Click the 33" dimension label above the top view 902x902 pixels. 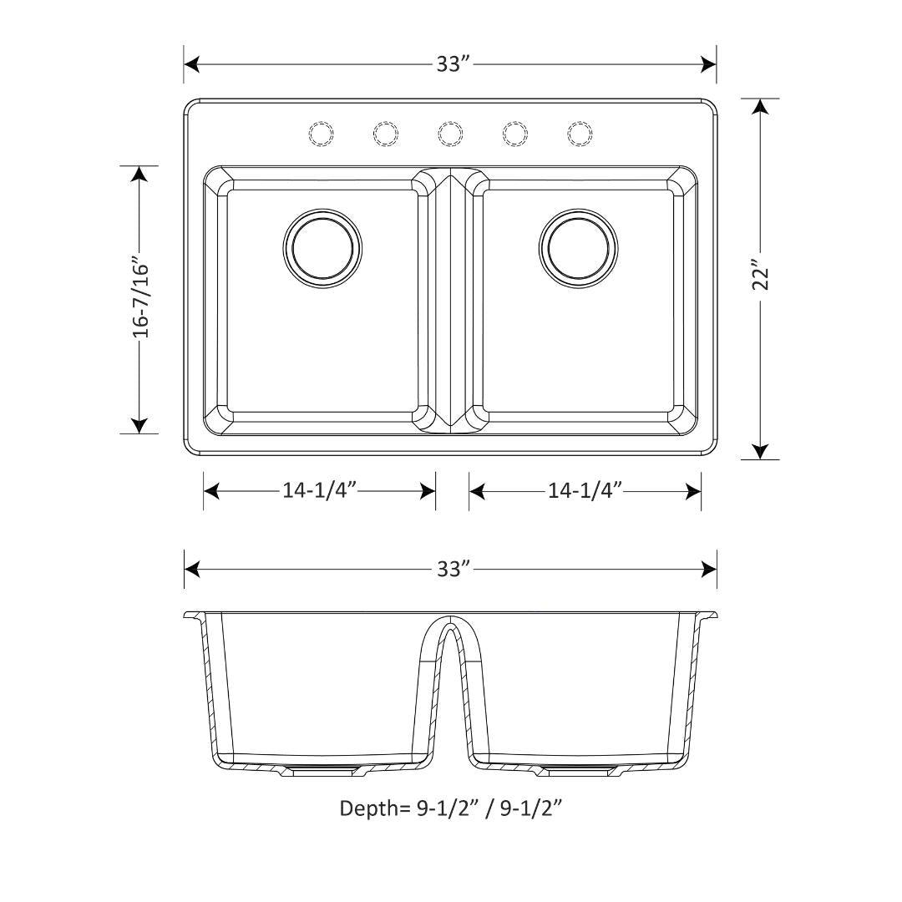[450, 64]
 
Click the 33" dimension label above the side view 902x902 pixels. [450, 569]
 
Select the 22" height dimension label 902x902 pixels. [760, 279]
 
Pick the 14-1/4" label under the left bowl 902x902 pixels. [319, 491]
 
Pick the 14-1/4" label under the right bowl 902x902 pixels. [585, 491]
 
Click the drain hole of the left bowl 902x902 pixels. [323, 248]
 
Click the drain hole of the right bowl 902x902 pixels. [579, 248]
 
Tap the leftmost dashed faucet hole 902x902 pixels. [322, 133]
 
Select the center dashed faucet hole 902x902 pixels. [450, 133]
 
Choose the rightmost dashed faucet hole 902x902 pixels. [580, 133]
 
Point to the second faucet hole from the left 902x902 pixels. [386, 133]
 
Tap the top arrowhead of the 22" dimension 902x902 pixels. [760, 107]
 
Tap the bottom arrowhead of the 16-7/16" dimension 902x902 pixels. [139, 425]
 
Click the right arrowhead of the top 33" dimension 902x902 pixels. [709, 64]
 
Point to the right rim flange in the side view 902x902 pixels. [708, 616]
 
